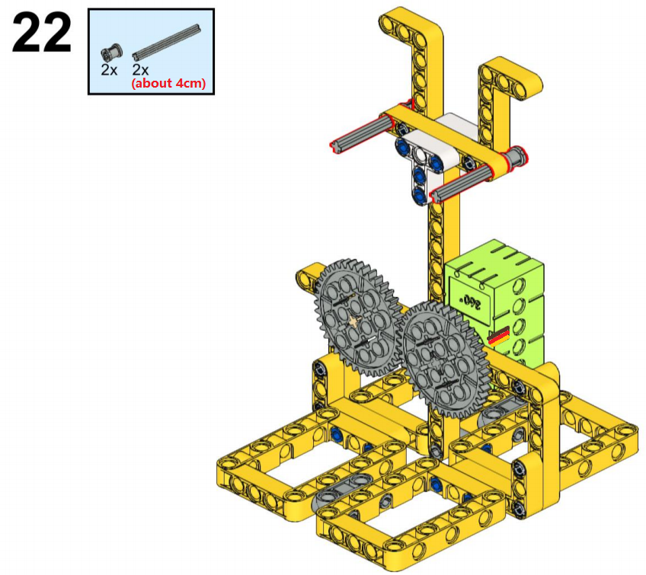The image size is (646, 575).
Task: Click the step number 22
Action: [42, 32]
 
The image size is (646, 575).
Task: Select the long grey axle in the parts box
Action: [166, 42]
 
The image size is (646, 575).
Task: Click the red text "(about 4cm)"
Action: [168, 83]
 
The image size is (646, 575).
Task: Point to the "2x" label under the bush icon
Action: [109, 70]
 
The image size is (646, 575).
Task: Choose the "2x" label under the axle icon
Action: [140, 69]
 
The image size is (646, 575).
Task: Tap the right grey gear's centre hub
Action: [436, 360]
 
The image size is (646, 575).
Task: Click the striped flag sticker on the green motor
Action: [498, 337]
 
